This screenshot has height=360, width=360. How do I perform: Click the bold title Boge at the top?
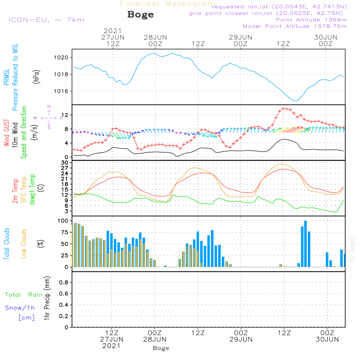click(140, 15)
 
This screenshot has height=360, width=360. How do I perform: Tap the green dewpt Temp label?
click(33, 190)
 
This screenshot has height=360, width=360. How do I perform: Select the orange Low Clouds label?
click(24, 244)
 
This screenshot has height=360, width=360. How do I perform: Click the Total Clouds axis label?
click(7, 244)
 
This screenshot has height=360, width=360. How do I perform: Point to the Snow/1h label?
click(20, 308)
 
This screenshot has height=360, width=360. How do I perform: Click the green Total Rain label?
click(23, 295)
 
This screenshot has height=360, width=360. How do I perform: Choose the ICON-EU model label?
click(46, 20)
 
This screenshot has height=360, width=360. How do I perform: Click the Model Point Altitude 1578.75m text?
click(295, 26)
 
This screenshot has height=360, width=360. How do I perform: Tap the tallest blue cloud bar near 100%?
click(306, 244)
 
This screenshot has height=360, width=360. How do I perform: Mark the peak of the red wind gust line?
click(284, 108)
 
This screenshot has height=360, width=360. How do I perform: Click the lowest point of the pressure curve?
click(295, 101)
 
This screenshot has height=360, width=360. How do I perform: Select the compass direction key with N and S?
click(49, 117)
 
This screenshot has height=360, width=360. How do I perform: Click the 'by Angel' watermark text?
click(352, 250)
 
